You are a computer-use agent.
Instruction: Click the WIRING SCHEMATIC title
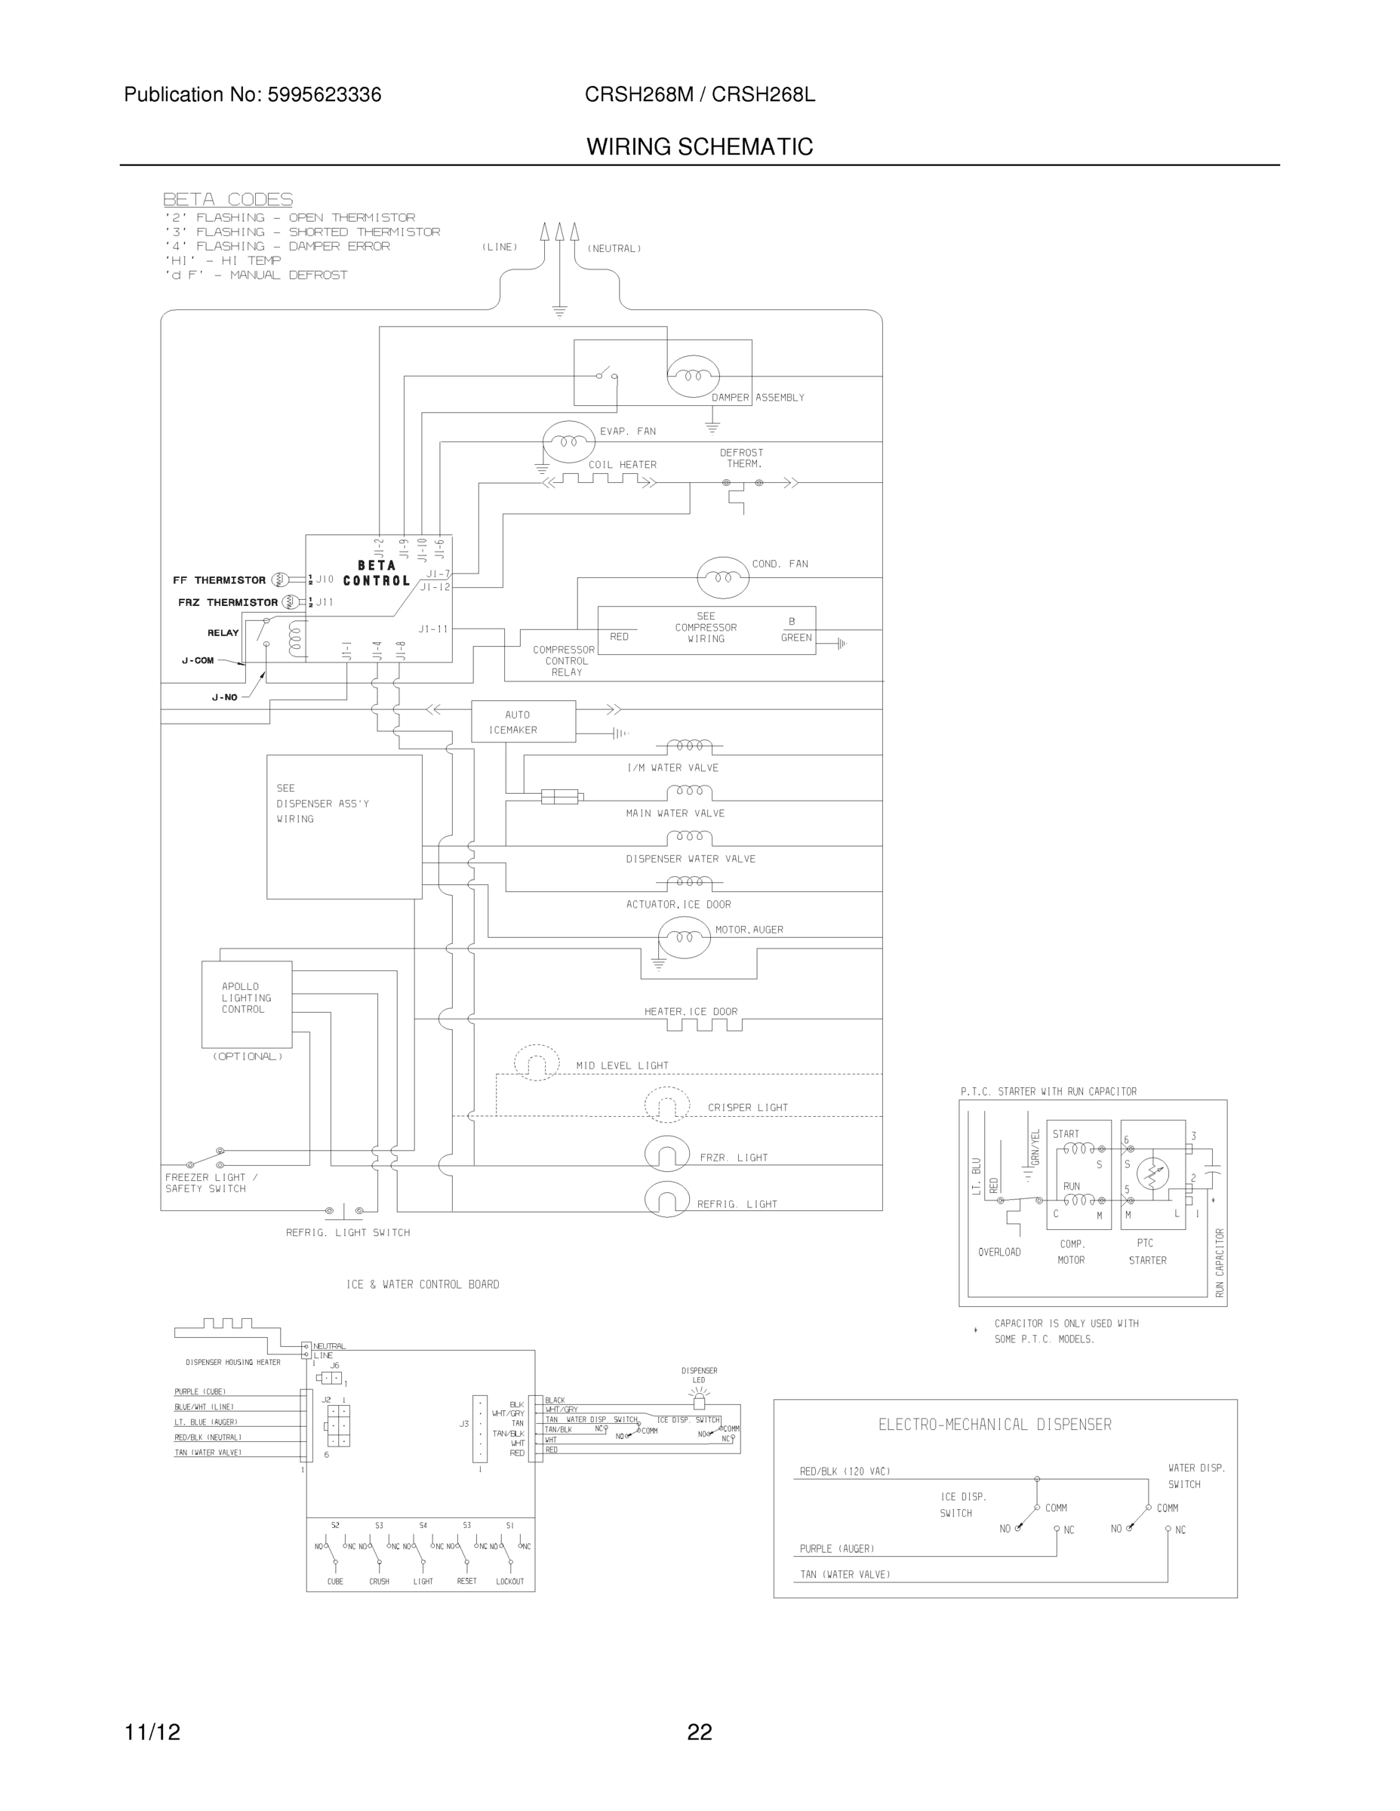pyautogui.click(x=699, y=147)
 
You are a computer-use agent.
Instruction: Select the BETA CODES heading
pyautogui.click(x=227, y=199)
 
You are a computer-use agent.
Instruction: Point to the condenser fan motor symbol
pyautogui.click(x=723, y=577)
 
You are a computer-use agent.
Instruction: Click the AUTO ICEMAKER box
pyautogui.click(x=522, y=721)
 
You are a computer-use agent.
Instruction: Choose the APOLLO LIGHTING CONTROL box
pyautogui.click(x=246, y=1004)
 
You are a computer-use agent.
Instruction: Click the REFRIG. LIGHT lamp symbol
pyautogui.click(x=667, y=1200)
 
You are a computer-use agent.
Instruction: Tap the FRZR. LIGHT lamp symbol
pyautogui.click(x=667, y=1155)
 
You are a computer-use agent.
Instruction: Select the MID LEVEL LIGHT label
pyautogui.click(x=622, y=1065)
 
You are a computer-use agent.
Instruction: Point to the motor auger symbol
pyautogui.click(x=684, y=938)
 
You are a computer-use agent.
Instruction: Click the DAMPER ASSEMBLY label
pyautogui.click(x=757, y=397)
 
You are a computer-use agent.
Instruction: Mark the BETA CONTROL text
pyautogui.click(x=377, y=573)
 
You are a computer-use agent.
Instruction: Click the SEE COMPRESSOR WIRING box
pyautogui.click(x=706, y=630)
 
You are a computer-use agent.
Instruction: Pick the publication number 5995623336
pyautogui.click(x=324, y=94)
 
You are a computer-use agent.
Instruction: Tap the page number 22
pyautogui.click(x=699, y=1732)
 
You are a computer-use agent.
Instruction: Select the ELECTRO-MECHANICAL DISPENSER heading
pyautogui.click(x=995, y=1425)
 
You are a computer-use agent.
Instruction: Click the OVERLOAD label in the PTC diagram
pyautogui.click(x=998, y=1252)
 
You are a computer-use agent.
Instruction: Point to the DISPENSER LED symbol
pyautogui.click(x=699, y=1401)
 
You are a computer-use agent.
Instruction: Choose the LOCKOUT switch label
pyautogui.click(x=510, y=1582)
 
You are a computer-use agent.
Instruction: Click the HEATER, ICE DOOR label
pyautogui.click(x=691, y=1012)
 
